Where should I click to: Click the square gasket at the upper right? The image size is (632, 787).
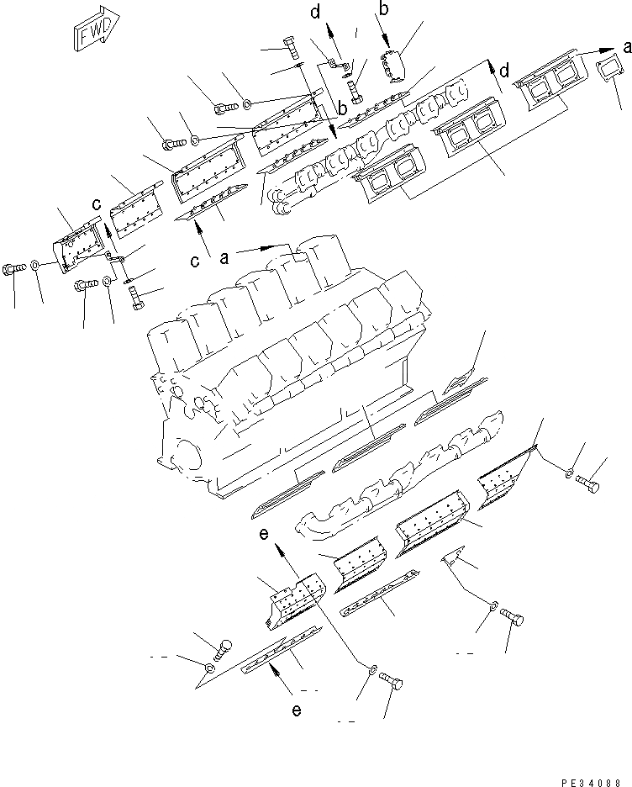pos(605,71)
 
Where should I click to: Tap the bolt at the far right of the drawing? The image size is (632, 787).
pos(589,483)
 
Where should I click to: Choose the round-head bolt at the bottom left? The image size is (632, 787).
pos(223,649)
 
